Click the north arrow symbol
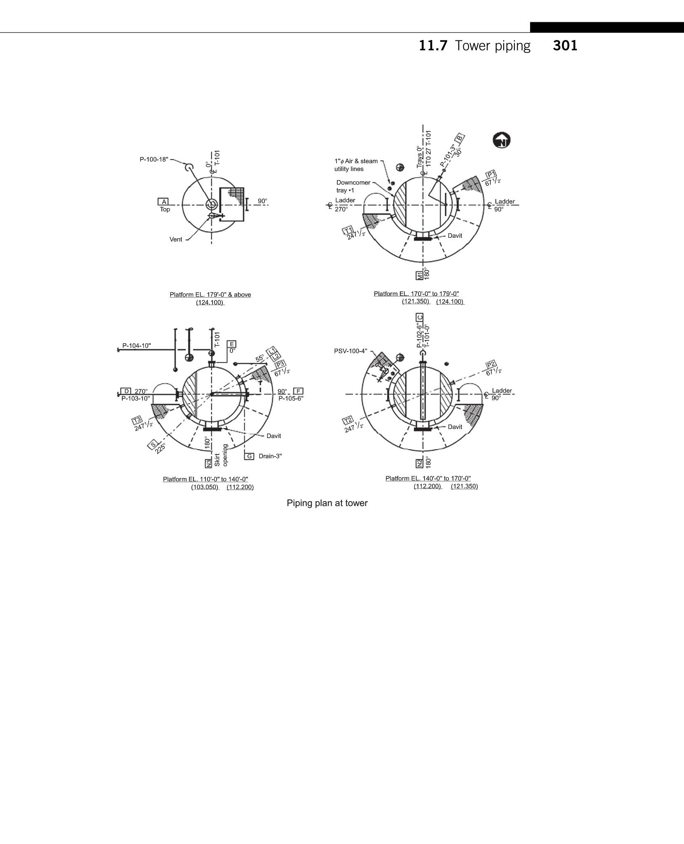pyautogui.click(x=502, y=141)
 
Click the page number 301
pyautogui.click(x=565, y=46)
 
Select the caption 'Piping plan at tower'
pyautogui.click(x=327, y=503)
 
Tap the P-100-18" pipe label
pyautogui.click(x=154, y=159)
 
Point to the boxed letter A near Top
pyautogui.click(x=164, y=202)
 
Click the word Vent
pyautogui.click(x=176, y=239)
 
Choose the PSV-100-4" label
pyautogui.click(x=350, y=351)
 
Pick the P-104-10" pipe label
pyautogui.click(x=137, y=346)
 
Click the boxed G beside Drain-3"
pyautogui.click(x=250, y=456)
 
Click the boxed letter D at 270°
pyautogui.click(x=126, y=391)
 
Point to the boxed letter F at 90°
pyautogui.click(x=298, y=391)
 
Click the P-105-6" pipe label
pyautogui.click(x=291, y=399)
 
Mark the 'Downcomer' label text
pyautogui.click(x=353, y=183)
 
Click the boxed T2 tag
pyautogui.click(x=348, y=420)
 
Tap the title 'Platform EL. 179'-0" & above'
pyautogui.click(x=210, y=295)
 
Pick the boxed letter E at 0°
pyautogui.click(x=232, y=344)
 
